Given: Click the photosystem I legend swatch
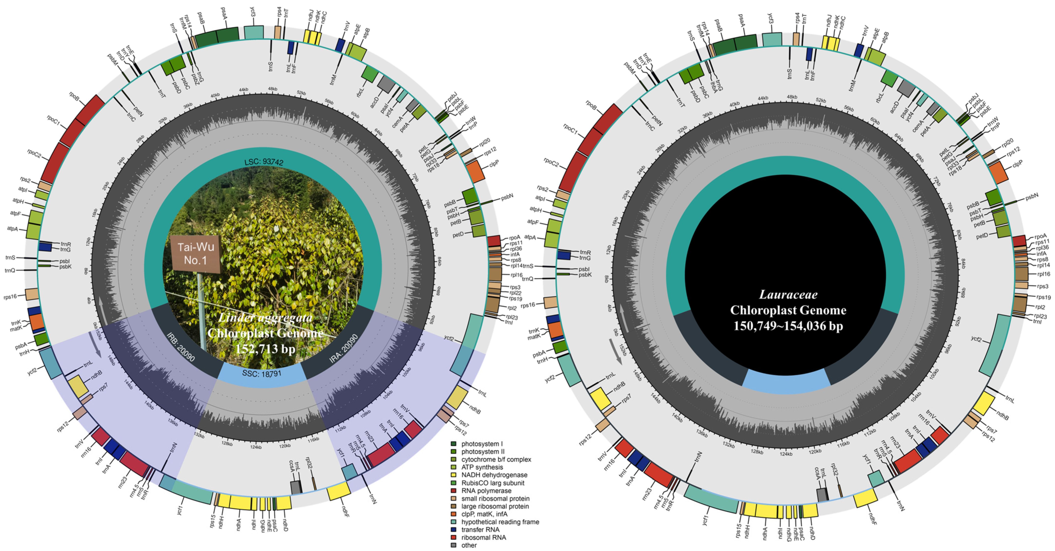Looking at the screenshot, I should tap(453, 444).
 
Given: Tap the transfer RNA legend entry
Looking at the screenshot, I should tap(480, 530).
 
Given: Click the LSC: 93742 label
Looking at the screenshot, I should tap(264, 162).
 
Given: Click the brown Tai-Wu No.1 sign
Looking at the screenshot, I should tap(196, 253).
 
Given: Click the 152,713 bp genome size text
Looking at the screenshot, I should tap(265, 349).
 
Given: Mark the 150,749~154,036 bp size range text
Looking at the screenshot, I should tap(788, 326).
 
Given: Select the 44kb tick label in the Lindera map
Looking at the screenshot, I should tap(244, 90).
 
